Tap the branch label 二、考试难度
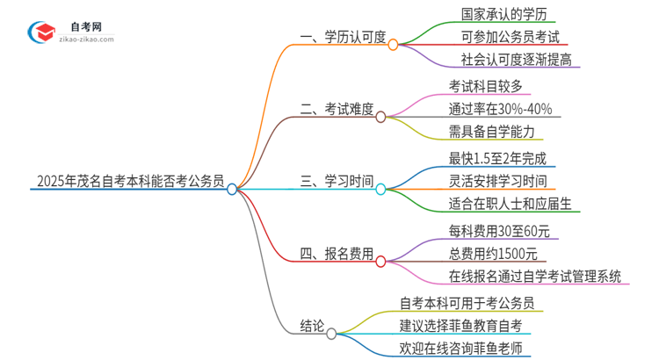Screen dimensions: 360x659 (x=336, y=110)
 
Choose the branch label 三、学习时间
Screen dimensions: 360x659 (x=336, y=182)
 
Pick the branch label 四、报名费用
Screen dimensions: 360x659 (x=336, y=255)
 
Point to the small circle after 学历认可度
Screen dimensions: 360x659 (x=393, y=44)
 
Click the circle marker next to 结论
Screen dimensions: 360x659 (x=331, y=334)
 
